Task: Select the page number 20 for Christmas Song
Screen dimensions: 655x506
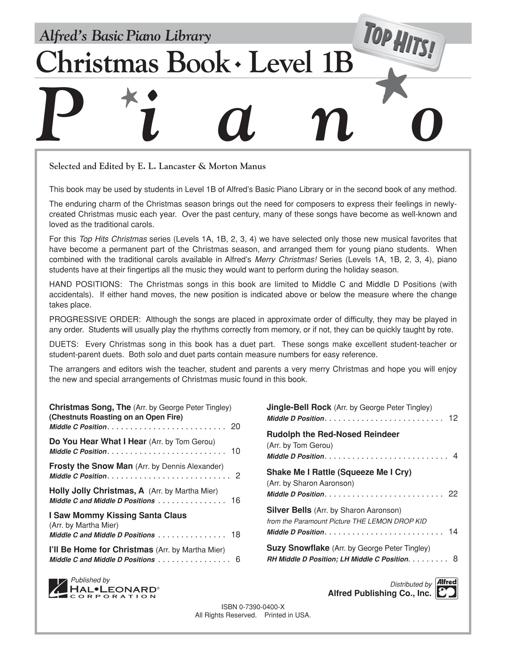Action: click(236, 426)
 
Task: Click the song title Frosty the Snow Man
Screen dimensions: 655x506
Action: click(91, 466)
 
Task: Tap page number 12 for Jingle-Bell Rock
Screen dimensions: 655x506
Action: click(453, 418)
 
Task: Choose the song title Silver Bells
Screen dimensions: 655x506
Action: click(289, 510)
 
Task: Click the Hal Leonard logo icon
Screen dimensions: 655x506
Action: click(58, 588)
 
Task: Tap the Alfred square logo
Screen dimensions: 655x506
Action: click(446, 588)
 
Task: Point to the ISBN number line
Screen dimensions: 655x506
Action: click(253, 607)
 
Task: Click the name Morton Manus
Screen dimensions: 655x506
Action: click(237, 166)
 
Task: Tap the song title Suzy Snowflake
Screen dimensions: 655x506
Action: click(298, 548)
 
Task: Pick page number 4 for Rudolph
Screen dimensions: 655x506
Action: click(455, 456)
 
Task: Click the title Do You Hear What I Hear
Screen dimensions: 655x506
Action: click(98, 441)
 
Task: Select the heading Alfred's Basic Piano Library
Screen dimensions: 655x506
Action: click(125, 37)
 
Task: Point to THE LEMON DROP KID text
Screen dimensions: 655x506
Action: click(389, 521)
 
